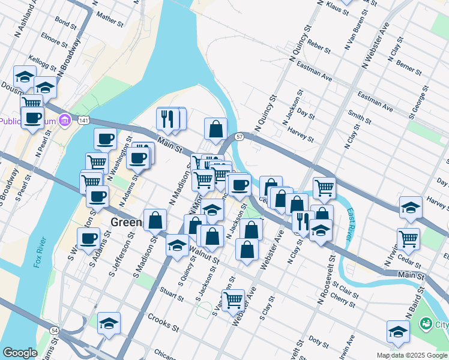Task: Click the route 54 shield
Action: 55,330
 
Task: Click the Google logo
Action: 20,353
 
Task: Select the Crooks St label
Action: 163,321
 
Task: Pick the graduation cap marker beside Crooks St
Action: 109,323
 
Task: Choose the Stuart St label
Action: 172,293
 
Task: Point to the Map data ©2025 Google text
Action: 411,355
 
